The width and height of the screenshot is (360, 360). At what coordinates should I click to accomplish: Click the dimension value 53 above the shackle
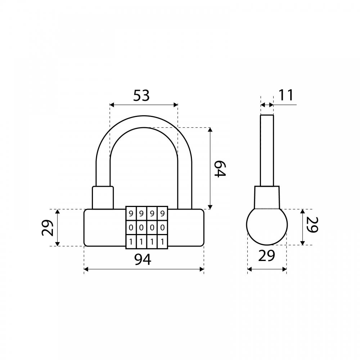coord(141,95)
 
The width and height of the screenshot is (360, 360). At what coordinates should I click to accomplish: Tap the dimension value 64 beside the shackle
coord(220,169)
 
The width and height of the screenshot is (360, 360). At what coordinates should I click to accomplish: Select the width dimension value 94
coord(143,260)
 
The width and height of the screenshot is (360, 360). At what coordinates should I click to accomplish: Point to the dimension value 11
coord(286,95)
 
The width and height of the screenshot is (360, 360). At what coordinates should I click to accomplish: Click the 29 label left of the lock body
coord(48,228)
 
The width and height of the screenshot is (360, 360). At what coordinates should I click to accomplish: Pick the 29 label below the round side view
coord(266,256)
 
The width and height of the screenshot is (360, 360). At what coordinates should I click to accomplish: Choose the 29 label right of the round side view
coord(312,225)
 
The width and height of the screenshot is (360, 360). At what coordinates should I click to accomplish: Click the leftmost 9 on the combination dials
coord(131,214)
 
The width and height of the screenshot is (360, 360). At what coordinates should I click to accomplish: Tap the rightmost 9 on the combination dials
coord(163,214)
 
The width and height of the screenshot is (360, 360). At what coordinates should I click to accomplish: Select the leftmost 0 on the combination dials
coord(131,228)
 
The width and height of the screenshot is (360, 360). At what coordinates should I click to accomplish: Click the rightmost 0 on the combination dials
coord(163,228)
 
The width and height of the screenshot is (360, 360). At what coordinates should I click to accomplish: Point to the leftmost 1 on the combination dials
coord(131,242)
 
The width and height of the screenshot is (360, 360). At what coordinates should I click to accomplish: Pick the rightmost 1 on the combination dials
coord(163,242)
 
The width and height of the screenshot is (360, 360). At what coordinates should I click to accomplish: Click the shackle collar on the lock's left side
coord(103,198)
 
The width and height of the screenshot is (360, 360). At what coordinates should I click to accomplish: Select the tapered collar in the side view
coord(267,197)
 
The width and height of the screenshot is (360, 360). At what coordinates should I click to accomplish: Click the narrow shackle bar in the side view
coord(267,150)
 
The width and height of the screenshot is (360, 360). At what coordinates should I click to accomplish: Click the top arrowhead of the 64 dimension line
coord(210,130)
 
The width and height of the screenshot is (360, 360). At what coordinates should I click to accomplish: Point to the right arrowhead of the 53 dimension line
coord(176,105)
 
